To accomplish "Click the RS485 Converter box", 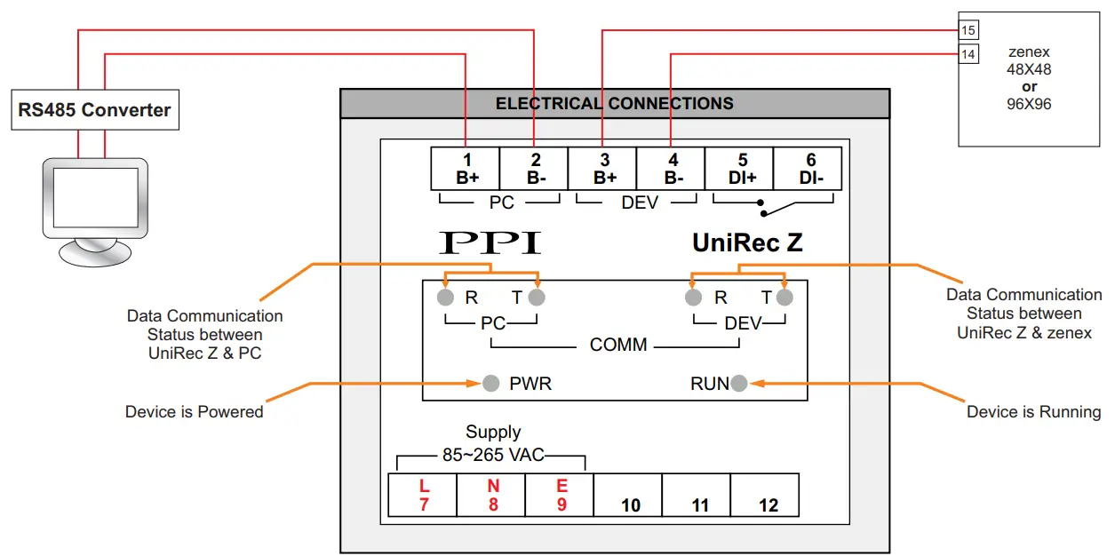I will click(x=95, y=110).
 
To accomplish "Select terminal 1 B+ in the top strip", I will click(x=466, y=169).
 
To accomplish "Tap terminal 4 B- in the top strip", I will click(x=673, y=169).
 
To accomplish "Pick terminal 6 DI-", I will click(x=809, y=169).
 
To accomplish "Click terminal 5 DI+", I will click(x=741, y=169).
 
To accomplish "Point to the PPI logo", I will click(x=490, y=242).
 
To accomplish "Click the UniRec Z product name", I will click(x=747, y=242).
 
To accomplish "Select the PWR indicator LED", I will click(x=490, y=384).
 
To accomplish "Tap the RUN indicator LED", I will click(x=739, y=384).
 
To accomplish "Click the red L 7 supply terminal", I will click(x=423, y=496).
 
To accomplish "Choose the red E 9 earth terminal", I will click(x=561, y=496).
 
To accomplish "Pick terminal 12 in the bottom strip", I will click(x=768, y=496).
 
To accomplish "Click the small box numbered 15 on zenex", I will click(x=968, y=31).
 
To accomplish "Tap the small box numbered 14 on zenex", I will click(x=968, y=55).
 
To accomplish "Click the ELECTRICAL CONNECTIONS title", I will click(x=614, y=104).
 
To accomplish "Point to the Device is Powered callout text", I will click(x=194, y=412).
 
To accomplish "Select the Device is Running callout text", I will click(x=1032, y=412).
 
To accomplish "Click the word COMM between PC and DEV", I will click(x=618, y=345).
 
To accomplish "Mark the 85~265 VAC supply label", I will click(x=493, y=455).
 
